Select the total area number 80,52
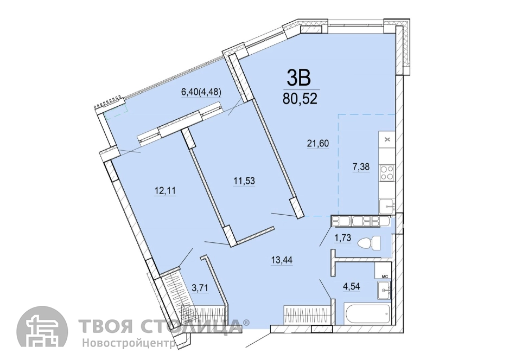[300, 99]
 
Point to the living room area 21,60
[318, 143]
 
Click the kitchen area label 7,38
[361, 166]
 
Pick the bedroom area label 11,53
[244, 181]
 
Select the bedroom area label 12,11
[165, 190]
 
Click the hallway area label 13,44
[282, 260]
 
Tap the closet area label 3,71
[200, 287]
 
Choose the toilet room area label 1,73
[343, 237]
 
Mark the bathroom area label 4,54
[352, 286]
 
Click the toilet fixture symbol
[369, 243]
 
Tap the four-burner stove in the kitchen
[387, 172]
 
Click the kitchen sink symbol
[387, 205]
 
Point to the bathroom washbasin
[384, 290]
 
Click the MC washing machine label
[385, 277]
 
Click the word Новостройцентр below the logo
[129, 343]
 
